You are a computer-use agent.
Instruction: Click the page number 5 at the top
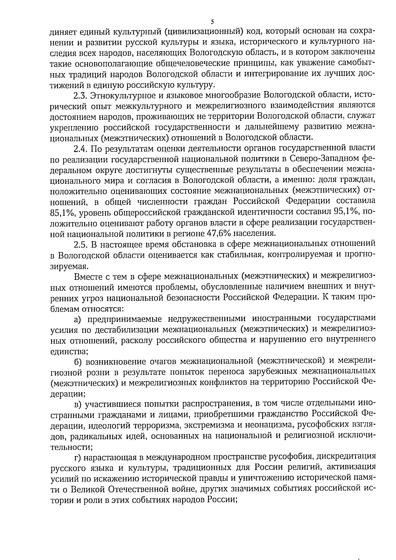[x=213, y=22]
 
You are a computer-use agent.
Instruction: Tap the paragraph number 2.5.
[x=80, y=245]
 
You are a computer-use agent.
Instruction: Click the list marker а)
[x=78, y=319]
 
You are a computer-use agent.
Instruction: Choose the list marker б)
[x=78, y=361]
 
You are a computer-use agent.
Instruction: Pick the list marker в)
[x=78, y=404]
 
